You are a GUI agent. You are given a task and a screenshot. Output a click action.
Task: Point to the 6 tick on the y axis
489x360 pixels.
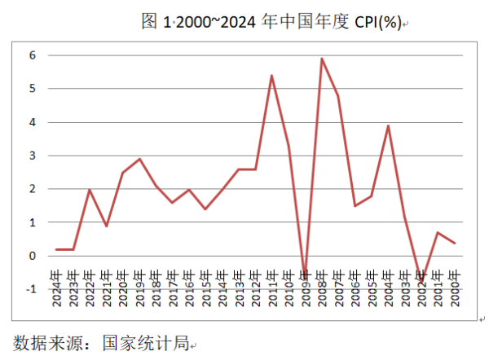pyautogui.click(x=33, y=55)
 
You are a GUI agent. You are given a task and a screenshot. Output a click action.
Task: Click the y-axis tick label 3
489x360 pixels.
pyautogui.click(x=33, y=156)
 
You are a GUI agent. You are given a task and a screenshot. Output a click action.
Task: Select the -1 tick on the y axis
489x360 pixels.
pyautogui.click(x=32, y=289)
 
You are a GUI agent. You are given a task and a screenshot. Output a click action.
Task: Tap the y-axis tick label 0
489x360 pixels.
pyautogui.click(x=33, y=256)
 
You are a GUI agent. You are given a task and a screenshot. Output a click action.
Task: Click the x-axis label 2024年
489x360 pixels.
pyautogui.click(x=56, y=287)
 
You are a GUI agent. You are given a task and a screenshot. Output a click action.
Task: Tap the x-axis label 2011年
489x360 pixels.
pyautogui.click(x=272, y=287)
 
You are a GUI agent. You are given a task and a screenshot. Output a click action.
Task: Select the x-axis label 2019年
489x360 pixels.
pyautogui.click(x=139, y=287)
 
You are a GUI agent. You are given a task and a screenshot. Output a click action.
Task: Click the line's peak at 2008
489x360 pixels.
pyautogui.click(x=322, y=59)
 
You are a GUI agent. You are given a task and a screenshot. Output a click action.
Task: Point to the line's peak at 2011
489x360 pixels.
pyautogui.click(x=271, y=76)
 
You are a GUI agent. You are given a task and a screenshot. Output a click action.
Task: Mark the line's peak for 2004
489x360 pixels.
pyautogui.click(x=388, y=125)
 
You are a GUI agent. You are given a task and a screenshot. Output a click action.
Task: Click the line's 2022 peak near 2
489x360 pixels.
pyautogui.click(x=90, y=190)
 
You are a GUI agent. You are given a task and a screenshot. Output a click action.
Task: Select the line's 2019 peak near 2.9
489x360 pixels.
pyautogui.click(x=139, y=159)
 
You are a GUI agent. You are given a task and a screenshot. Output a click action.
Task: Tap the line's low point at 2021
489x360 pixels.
pyautogui.click(x=106, y=226)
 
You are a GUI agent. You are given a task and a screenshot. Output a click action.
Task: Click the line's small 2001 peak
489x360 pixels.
pyautogui.click(x=438, y=233)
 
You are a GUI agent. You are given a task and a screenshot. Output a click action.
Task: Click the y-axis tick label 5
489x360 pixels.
pyautogui.click(x=33, y=89)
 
